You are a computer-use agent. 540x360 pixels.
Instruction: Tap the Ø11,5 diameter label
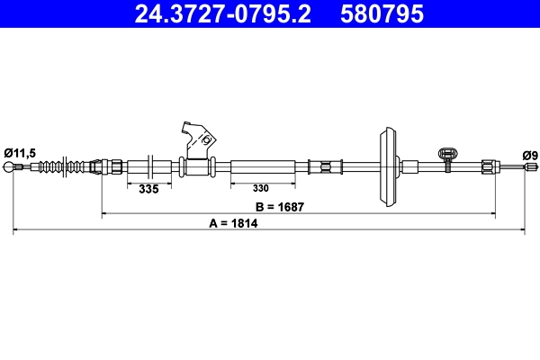point(19,153)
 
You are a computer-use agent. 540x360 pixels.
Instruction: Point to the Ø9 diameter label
point(529,155)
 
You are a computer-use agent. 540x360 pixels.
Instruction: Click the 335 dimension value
point(148,189)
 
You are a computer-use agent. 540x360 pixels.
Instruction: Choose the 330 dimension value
point(260,189)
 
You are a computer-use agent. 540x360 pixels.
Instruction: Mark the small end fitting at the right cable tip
point(528,166)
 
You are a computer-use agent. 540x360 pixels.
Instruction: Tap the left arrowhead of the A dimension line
point(16,232)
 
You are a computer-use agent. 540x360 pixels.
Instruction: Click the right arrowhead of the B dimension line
point(493,214)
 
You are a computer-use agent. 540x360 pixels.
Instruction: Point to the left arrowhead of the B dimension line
point(104,214)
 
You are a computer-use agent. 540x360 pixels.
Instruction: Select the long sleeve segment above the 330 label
point(263,167)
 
